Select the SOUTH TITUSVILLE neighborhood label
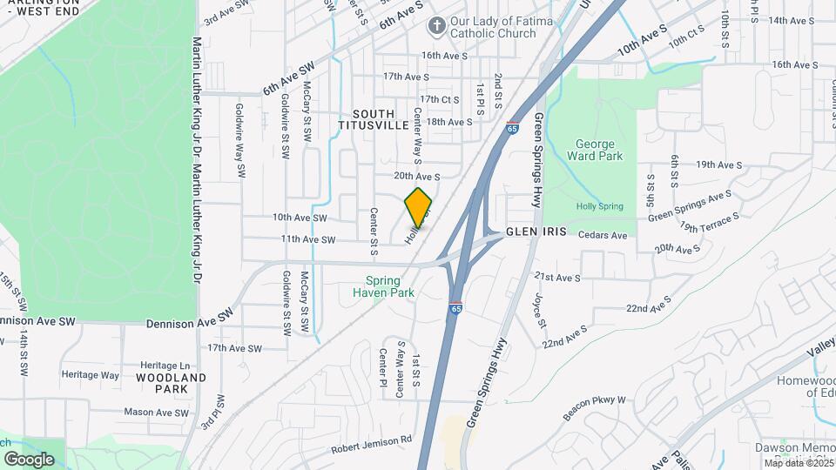374,120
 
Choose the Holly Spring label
599,206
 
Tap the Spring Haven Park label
383,286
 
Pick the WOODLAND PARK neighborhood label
172,384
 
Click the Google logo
29,459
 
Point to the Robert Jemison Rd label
371,446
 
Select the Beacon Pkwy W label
595,407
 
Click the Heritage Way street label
91,375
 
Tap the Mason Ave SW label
156,413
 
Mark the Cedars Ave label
604,235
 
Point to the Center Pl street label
382,369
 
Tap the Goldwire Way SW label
239,143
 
